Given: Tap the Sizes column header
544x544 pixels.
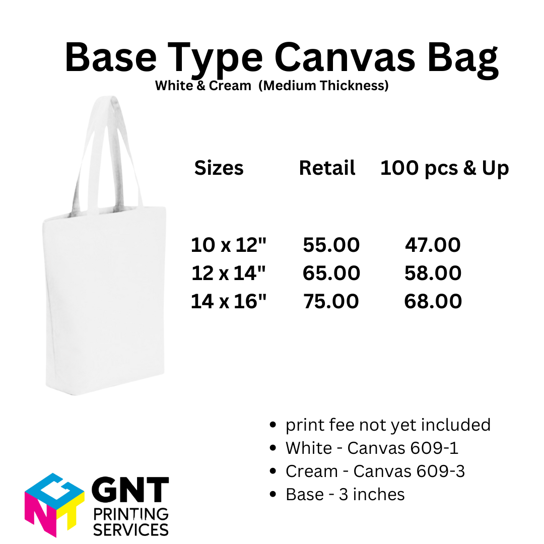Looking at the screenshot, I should click(219, 168).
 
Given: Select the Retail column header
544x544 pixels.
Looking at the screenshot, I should click(327, 168).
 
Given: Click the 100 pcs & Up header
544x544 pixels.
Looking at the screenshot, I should click(444, 168).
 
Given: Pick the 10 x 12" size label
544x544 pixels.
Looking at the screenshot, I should click(228, 245).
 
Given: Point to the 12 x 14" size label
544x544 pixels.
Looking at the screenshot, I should click(228, 274).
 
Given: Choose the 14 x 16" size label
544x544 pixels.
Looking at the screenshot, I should click(228, 302).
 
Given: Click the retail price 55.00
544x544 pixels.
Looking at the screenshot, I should click(331, 245).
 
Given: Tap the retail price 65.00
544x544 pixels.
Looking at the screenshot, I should click(331, 274).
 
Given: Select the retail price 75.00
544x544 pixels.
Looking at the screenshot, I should click(331, 302).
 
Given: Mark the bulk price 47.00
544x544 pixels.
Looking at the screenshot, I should click(433, 245).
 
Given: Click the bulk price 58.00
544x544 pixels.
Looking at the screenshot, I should click(433, 274).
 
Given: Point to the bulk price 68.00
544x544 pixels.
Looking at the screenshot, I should click(433, 302).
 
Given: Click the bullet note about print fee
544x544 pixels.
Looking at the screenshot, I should click(388, 425).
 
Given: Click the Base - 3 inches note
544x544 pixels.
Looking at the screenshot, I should click(345, 495).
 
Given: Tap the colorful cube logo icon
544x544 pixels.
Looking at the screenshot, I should click(54, 504).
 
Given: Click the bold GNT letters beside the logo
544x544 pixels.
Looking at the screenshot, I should click(130, 491).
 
